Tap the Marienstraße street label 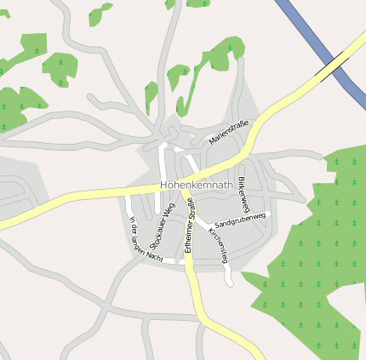click(229, 133)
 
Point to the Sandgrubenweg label click(241, 219)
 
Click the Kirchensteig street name click(219, 244)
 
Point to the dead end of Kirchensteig click(230, 283)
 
